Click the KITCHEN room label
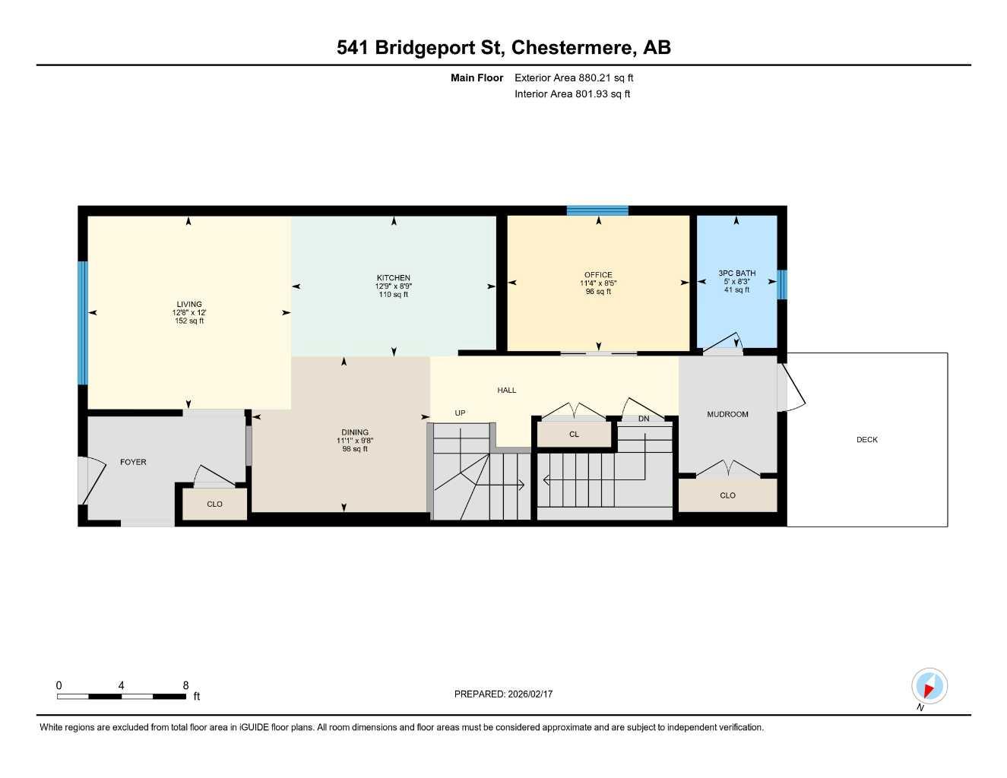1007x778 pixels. [x=393, y=278]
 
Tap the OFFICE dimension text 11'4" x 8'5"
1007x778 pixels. [x=598, y=283]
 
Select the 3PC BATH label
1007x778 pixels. [x=736, y=274]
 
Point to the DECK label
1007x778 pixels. [x=866, y=440]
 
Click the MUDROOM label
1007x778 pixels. [x=727, y=415]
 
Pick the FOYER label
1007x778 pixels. [x=133, y=462]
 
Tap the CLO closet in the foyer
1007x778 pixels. [x=214, y=504]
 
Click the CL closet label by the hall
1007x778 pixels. [x=574, y=435]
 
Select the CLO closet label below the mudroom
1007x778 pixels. [x=727, y=495]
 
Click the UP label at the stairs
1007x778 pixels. [x=460, y=413]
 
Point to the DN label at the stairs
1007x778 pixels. [x=644, y=419]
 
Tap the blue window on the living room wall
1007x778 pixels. [x=83, y=323]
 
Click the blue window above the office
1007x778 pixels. [x=597, y=210]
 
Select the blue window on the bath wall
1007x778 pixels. [x=782, y=285]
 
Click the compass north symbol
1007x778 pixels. [x=929, y=687]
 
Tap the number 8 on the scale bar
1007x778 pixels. [x=185, y=685]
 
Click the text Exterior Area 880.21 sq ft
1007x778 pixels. [x=574, y=77]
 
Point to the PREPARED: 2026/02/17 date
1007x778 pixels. [x=503, y=694]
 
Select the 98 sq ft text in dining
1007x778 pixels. [x=355, y=449]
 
